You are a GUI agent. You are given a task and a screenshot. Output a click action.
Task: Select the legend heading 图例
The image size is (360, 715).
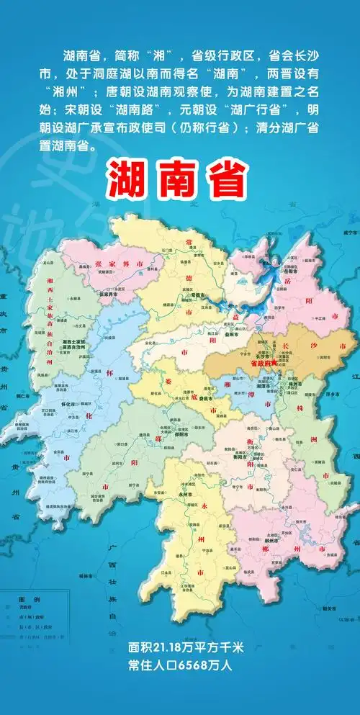click(x=25, y=598)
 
